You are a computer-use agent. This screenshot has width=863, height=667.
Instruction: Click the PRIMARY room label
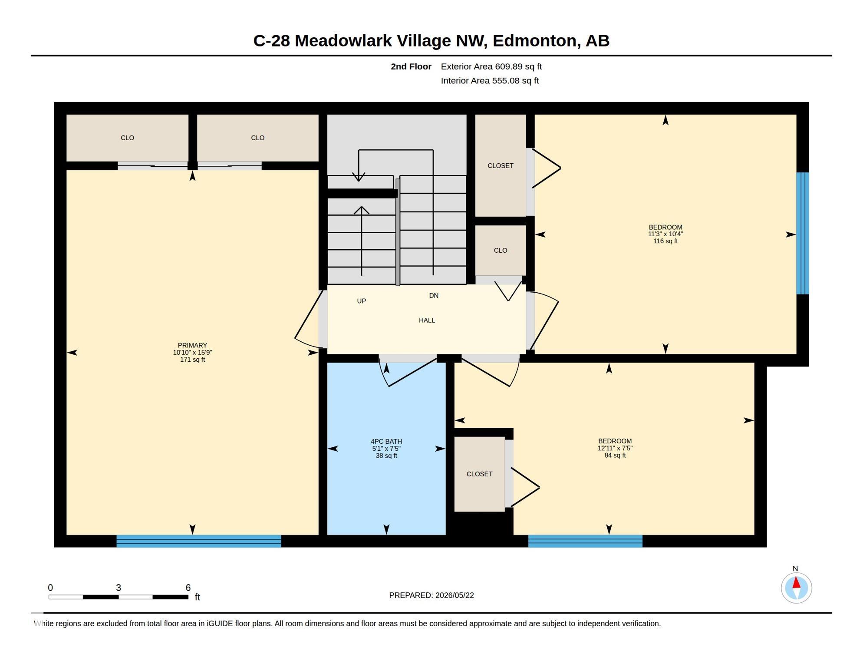point(192,345)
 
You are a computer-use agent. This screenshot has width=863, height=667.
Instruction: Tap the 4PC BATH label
point(386,441)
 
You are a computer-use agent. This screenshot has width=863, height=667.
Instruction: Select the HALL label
point(427,320)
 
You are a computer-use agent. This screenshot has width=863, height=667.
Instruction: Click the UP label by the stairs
point(361,301)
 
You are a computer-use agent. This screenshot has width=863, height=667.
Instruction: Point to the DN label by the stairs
point(434,295)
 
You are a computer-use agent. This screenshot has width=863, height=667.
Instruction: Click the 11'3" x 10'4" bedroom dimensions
point(665,234)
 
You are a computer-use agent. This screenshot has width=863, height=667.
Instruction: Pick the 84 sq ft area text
point(615,455)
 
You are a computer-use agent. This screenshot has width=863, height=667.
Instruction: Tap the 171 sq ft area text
point(192,360)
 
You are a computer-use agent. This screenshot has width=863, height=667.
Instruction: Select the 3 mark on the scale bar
point(119,588)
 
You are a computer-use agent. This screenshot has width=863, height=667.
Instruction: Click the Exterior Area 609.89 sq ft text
point(491,66)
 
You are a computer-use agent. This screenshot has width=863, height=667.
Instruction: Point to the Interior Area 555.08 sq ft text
point(490,80)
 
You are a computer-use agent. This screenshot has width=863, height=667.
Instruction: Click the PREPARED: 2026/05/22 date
point(431,595)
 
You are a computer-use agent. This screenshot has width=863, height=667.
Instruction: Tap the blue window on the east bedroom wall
point(803,233)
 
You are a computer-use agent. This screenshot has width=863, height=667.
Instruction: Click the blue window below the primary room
point(199,541)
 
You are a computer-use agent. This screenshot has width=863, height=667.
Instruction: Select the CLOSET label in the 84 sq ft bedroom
point(479,474)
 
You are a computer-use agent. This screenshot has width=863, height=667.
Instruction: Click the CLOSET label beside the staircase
point(501,165)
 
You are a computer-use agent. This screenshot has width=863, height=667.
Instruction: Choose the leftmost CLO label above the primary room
point(127,138)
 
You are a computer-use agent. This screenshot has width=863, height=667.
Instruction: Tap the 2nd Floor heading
point(411,66)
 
